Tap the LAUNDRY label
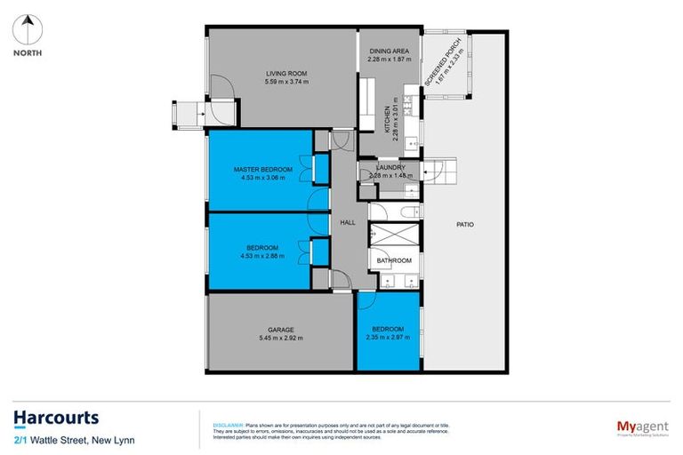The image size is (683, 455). pos(390,167)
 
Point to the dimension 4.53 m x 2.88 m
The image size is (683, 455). pos(262,256)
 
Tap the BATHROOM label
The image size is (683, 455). pos(394,260)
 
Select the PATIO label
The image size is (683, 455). pos(465,224)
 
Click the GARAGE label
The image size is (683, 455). pos(280,330)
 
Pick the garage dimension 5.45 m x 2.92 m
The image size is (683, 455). pos(280,339)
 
